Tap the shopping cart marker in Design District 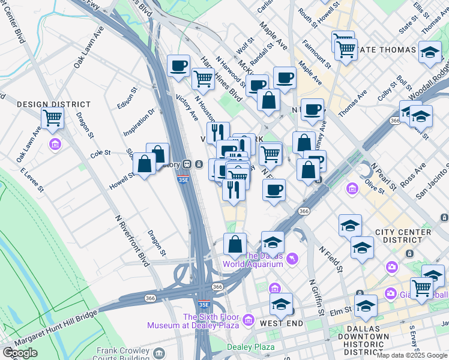(x=53, y=118)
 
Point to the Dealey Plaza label (x=251, y=347)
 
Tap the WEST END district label (x=280, y=323)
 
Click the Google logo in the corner (x=20, y=352)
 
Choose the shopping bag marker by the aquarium (x=235, y=244)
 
